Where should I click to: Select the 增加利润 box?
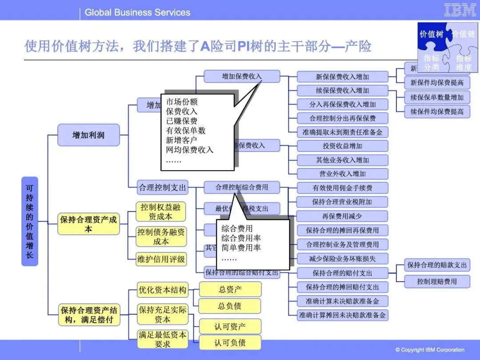[88, 135]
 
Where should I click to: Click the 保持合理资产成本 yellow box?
[89, 224]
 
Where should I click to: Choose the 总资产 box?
[230, 289]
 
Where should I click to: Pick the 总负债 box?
[230, 306]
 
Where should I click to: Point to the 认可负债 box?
[230, 343]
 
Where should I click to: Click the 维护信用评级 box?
[161, 259]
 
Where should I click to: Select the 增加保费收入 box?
[242, 76]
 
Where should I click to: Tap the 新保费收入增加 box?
[342, 76]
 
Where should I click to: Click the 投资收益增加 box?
[342, 146]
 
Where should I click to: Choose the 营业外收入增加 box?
[342, 174]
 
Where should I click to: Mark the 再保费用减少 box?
[342, 216]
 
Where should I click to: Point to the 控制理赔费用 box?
[437, 281]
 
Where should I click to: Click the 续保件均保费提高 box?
[437, 112]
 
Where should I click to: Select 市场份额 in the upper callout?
[182, 102]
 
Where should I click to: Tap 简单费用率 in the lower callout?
[241, 248]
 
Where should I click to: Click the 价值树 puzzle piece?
[431, 34]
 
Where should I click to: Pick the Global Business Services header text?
[137, 12]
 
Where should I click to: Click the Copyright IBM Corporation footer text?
[430, 350]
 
